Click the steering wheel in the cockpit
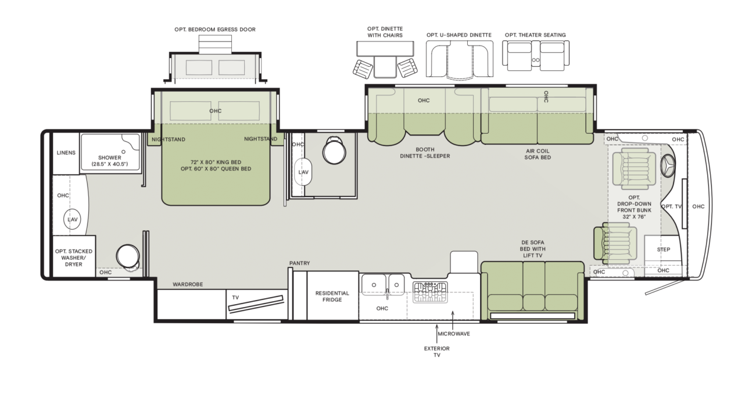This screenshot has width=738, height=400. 668,166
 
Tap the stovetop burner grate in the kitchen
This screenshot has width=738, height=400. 430,292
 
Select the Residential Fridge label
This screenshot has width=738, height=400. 332,296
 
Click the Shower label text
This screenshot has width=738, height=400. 110,158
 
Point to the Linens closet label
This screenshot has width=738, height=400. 66,153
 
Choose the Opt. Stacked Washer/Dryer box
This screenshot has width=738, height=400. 74,256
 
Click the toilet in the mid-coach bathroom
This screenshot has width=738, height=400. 334,151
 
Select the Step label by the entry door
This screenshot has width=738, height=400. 664,249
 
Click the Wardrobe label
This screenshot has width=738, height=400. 188,284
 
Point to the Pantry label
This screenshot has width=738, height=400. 299,263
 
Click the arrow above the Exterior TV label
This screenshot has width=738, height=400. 436,334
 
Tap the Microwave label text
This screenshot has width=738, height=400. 454,334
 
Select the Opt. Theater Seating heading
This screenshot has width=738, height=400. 535,35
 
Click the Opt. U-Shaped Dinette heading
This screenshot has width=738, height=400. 459,35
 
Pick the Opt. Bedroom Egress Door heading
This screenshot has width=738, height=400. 215,29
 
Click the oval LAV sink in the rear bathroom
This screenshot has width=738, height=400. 72,219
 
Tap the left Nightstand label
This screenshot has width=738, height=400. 169,140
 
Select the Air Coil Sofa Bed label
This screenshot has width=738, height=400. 538,154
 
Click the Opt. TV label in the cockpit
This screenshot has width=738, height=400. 671,206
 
